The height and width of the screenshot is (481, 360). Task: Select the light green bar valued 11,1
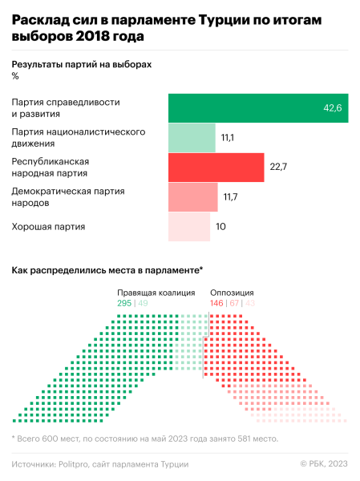click(192, 138)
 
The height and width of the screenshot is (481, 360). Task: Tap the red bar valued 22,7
click(216, 167)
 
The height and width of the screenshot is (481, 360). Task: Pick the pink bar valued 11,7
click(192, 196)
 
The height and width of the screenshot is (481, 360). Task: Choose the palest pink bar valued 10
click(188, 226)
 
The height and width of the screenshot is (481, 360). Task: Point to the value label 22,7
click(278, 167)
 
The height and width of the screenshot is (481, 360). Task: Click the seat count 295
click(124, 304)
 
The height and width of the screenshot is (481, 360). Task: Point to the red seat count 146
click(216, 304)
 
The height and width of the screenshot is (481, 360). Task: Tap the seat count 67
click(235, 304)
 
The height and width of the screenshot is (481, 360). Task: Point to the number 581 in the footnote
click(240, 439)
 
